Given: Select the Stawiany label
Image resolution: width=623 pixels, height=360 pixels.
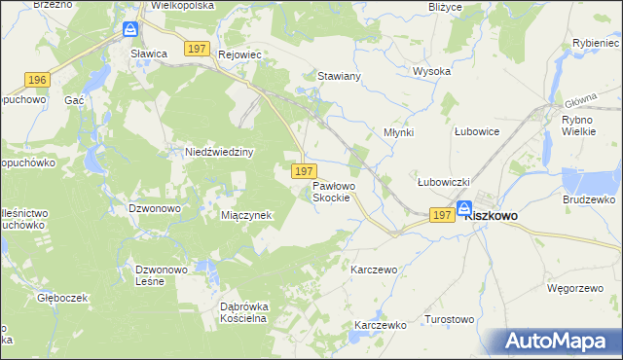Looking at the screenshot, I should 340,75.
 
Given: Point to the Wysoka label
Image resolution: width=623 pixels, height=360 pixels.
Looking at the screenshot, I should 431,72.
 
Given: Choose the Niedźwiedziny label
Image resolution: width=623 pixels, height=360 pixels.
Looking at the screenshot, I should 219,153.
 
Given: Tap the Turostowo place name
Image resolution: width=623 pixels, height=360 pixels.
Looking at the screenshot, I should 449,319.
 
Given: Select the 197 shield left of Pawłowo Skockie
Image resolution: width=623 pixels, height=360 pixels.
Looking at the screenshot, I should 302,171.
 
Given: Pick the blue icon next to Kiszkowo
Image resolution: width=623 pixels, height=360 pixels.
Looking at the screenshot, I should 464,208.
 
